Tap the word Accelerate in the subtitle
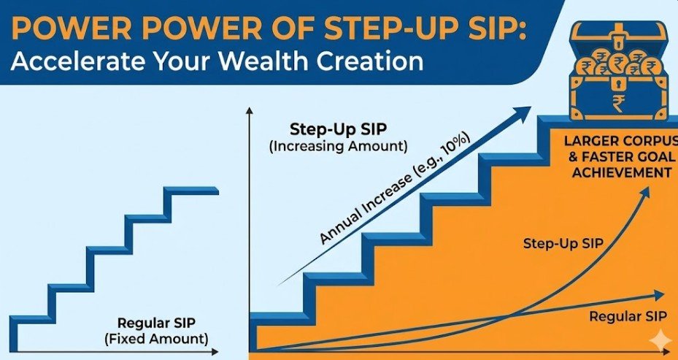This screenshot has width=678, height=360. click(x=76, y=62)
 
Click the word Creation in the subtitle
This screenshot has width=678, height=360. click(x=370, y=62)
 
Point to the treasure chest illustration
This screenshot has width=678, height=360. click(x=618, y=71)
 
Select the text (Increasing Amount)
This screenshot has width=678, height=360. click(x=338, y=146)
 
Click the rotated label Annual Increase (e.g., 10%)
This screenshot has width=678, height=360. click(x=395, y=190)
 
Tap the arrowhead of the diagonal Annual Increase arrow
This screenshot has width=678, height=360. click(x=523, y=112)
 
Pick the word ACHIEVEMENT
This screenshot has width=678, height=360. click(x=622, y=172)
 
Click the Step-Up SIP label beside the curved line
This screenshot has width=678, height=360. click(x=563, y=243)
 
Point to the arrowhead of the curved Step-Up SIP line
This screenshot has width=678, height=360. click(x=645, y=193)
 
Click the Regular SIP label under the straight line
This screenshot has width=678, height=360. click(x=628, y=316)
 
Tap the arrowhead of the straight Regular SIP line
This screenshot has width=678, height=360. click(x=659, y=295)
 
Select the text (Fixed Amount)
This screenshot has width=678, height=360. click(x=156, y=338)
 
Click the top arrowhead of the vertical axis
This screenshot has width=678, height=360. click(x=249, y=111)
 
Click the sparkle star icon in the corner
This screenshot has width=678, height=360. click(x=660, y=342)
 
